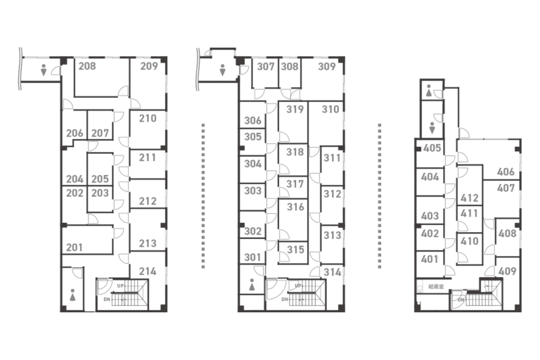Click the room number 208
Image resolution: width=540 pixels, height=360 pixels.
pos(87,67)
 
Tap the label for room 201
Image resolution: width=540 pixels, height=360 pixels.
pos(75,247)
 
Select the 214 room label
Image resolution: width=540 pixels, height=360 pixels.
pos(148,271)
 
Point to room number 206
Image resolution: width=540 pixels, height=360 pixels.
pos(75,134)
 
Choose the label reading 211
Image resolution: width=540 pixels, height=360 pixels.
pos(148,157)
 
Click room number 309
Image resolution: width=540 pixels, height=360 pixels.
pos(327,67)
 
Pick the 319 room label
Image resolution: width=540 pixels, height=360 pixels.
pos(295,109)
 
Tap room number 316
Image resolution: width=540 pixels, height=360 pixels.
pos(295,207)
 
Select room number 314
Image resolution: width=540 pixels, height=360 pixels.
pos(332,271)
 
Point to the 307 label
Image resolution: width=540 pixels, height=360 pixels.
pos(265,67)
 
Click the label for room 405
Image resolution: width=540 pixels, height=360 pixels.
pos(432,148)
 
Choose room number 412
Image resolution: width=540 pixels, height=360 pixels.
pos(470,198)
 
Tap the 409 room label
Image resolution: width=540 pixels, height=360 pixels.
pos(507,271)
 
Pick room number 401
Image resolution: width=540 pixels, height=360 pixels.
pos(430,259)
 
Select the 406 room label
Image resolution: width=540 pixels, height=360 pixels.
pos(506,172)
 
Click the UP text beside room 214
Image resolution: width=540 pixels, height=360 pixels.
pos(121,285)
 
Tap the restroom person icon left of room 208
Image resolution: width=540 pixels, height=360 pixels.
pos(45,70)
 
